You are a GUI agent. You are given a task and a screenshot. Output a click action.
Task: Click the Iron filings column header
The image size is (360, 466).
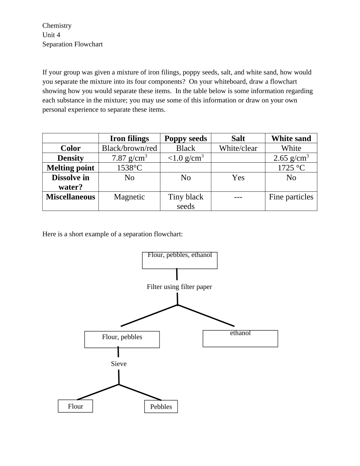129,138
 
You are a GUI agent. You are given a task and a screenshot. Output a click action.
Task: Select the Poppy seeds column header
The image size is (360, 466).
185,138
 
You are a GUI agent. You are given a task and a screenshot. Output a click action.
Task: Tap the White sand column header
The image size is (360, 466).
291,138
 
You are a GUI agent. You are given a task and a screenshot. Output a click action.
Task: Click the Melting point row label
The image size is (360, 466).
71,168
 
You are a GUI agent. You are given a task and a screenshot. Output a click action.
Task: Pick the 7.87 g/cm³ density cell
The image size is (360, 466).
129,158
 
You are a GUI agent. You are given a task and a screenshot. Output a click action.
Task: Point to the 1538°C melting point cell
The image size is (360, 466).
129,168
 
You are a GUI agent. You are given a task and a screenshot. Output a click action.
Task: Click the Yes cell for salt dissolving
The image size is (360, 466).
238,178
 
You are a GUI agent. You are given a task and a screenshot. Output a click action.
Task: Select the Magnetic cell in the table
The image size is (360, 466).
129,197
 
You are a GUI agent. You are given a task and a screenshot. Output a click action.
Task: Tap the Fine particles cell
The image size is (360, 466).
291,197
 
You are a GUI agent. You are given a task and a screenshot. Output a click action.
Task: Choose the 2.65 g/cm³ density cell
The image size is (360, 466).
291,158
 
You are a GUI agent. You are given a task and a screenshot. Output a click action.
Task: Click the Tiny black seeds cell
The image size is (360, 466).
185,201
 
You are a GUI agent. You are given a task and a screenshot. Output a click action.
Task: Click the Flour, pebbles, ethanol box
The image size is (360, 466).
179,260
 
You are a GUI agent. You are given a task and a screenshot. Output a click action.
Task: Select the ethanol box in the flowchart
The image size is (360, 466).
240,338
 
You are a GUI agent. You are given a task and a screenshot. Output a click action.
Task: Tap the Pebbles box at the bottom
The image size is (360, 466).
161,407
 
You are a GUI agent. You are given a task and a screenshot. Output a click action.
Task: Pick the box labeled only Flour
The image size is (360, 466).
75,406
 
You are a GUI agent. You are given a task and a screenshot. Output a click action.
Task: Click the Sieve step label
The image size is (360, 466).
119,364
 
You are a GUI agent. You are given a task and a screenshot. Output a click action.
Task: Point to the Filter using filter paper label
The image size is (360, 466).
179,287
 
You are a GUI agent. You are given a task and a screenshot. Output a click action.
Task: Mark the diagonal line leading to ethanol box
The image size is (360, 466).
206,315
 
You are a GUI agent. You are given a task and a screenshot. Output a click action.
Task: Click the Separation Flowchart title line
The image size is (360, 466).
72,44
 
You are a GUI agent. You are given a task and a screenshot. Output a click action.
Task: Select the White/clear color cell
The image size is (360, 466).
238,148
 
